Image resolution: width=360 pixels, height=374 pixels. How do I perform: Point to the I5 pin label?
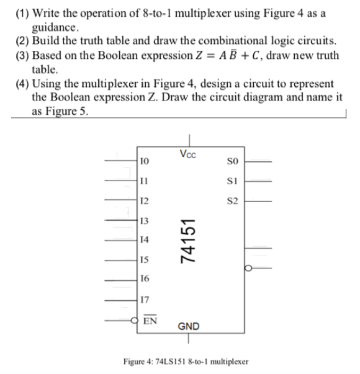[x=145, y=260]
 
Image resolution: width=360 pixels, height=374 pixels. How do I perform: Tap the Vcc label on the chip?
[x=186, y=154]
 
